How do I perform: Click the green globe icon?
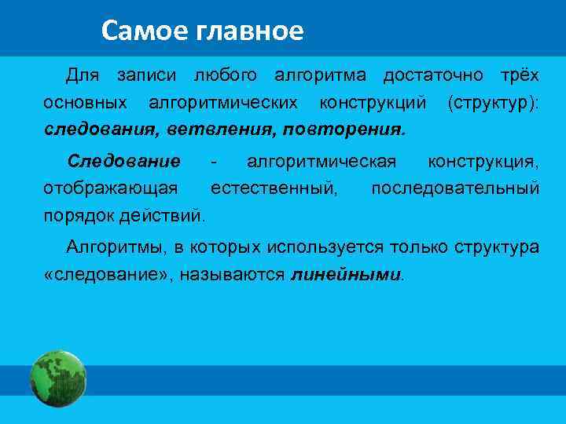[x=58, y=379]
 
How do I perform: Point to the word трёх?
[x=520, y=76]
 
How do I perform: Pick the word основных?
[x=86, y=102]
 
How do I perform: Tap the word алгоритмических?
[x=223, y=102]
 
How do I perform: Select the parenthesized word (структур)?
[x=493, y=102]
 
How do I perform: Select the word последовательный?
[x=455, y=188]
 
